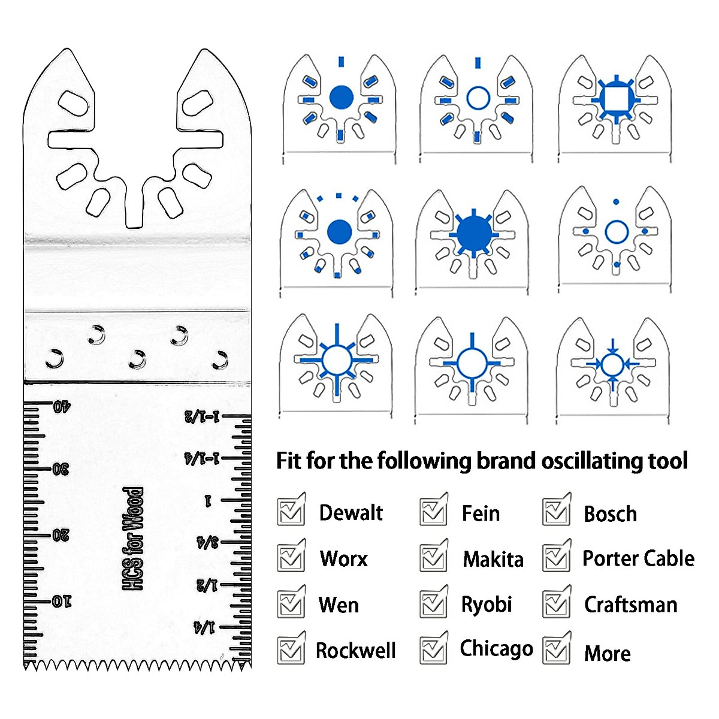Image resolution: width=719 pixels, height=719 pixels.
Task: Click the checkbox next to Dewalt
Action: (291, 512)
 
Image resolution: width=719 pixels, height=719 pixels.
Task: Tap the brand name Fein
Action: (481, 513)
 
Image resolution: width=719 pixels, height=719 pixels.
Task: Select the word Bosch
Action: (610, 514)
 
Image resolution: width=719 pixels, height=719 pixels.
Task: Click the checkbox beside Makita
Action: (433, 557)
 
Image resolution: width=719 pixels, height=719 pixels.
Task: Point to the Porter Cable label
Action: (638, 558)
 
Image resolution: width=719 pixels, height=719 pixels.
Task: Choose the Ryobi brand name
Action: (486, 604)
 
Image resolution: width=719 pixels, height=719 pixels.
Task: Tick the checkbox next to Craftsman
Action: (556, 603)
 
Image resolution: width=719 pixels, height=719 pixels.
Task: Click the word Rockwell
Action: (355, 650)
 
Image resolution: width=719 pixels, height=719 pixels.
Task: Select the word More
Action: (607, 653)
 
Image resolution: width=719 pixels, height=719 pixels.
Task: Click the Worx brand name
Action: (343, 558)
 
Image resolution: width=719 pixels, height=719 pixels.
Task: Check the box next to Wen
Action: (291, 603)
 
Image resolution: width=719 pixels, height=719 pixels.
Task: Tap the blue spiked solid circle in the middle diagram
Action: (473, 234)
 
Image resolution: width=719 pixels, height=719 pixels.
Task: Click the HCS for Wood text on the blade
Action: (133, 538)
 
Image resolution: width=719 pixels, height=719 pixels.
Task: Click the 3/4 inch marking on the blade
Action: (207, 543)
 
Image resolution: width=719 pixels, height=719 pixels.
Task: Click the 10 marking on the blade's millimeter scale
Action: (62, 601)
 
